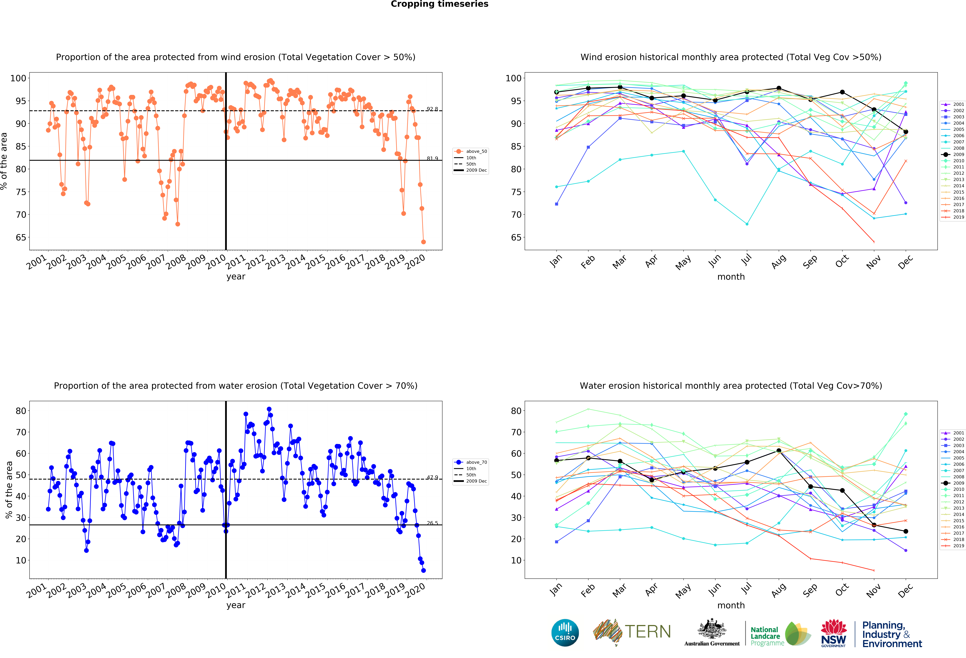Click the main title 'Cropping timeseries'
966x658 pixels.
tap(439, 4)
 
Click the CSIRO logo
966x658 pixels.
tap(565, 633)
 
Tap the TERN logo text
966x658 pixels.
tap(648, 632)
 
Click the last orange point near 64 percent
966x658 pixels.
tap(423, 242)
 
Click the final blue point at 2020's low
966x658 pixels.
tap(423, 570)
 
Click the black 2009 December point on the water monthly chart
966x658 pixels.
tap(906, 531)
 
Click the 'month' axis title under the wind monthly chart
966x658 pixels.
tap(731, 277)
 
